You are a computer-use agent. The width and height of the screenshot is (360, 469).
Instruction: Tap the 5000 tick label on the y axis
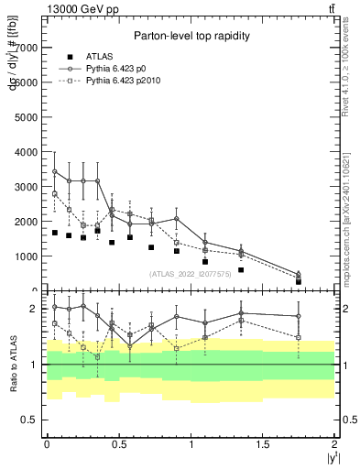click(27, 117)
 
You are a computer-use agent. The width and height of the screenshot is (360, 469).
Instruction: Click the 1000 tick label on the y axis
click(27, 257)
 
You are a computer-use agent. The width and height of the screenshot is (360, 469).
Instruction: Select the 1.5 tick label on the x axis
click(263, 443)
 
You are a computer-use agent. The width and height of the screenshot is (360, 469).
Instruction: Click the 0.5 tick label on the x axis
click(118, 443)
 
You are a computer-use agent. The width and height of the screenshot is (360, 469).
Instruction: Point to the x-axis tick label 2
click(335, 443)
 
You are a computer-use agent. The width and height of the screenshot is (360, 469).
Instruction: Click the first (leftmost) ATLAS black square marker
click(55, 233)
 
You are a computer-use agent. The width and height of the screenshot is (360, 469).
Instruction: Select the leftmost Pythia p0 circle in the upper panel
click(55, 171)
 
